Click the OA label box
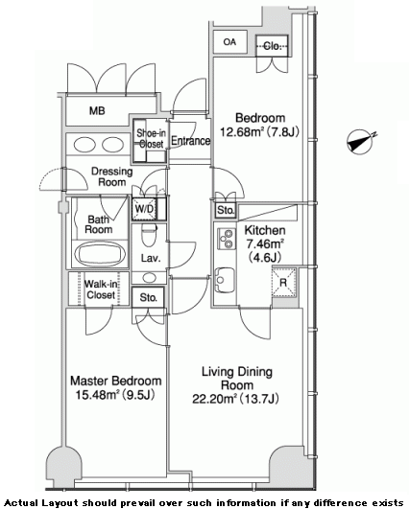229,42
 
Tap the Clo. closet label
272,46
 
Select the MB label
97,111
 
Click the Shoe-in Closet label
151,138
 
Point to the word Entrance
190,141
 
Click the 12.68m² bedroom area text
259,132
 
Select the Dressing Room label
111,176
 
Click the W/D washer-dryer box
145,209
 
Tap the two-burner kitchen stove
227,239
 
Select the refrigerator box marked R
284,282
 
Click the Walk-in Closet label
101,289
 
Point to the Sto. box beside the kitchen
226,211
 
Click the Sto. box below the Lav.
148,297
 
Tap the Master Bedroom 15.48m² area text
116,387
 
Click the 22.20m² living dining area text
236,399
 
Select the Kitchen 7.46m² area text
265,243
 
